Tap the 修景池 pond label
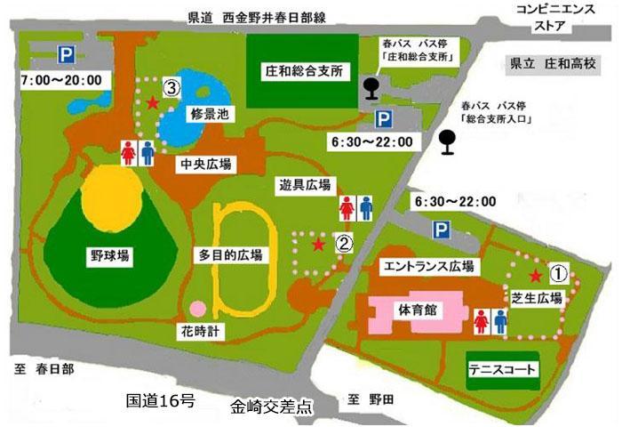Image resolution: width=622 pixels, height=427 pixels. pos(210,115)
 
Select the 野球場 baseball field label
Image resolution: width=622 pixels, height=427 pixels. pos(110,255)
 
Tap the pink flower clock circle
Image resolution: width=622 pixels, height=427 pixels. pos(198,309)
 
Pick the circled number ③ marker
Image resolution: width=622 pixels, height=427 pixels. pos(171,87)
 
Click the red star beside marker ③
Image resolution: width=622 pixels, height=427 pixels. pos(153,103)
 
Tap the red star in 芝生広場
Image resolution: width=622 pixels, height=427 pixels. pos(535,278)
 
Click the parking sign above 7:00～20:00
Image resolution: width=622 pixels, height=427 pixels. pos(66,54)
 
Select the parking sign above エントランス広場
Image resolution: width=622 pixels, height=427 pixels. pos(442,230)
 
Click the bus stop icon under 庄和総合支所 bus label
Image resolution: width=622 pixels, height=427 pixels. pos(371,87)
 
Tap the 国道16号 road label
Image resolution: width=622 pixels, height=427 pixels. pos(161,399)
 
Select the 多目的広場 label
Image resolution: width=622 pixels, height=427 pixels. pos(231,255)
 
